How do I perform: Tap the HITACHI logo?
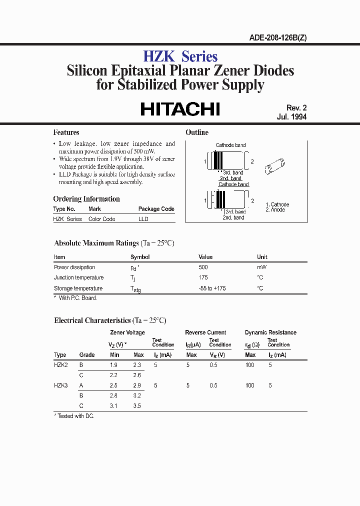180,109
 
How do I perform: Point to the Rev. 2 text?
296,108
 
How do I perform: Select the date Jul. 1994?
291,117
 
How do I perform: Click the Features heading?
66,132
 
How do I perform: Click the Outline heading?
197,132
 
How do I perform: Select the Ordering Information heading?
86,199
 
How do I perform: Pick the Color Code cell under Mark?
101,219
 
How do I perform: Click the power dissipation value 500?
203,267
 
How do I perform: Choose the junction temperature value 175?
203,277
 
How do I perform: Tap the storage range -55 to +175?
212,288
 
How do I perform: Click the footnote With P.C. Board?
77,298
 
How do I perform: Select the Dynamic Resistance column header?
270,332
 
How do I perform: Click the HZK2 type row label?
61,365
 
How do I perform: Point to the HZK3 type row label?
61,385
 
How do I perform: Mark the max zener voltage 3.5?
137,406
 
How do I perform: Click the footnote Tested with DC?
75,416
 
